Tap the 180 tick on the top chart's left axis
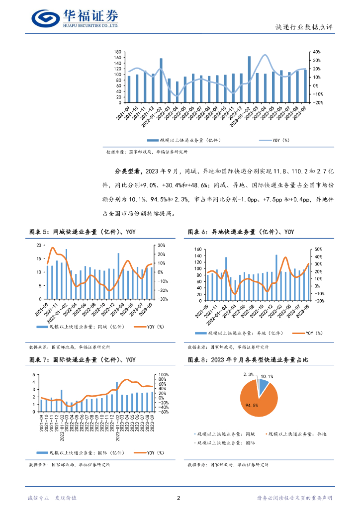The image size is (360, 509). click(x=118, y=52)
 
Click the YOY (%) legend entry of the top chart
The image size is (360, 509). click(x=280, y=141)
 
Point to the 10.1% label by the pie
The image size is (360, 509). click(x=267, y=376)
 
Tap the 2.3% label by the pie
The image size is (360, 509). click(x=248, y=374)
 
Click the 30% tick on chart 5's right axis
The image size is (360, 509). click(x=162, y=246)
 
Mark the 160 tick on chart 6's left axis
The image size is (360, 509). click(x=197, y=249)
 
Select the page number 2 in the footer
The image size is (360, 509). click(x=179, y=498)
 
